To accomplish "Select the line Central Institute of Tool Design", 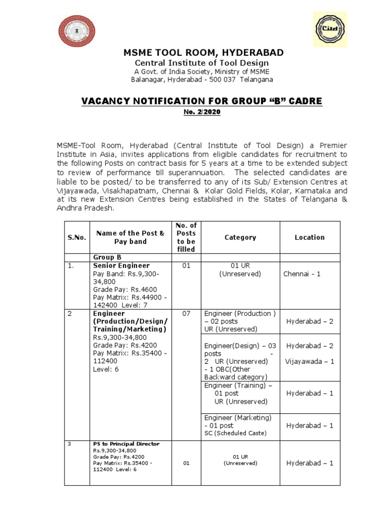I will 202,62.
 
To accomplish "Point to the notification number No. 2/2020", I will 202,111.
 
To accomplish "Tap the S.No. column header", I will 77,237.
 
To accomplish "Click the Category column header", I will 240,237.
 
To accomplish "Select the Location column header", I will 309,237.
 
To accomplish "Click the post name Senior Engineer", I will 121,265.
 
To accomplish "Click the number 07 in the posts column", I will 186,313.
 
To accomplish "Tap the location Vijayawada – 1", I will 309,361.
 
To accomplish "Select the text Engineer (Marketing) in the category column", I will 238,418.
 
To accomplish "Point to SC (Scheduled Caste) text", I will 235,433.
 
